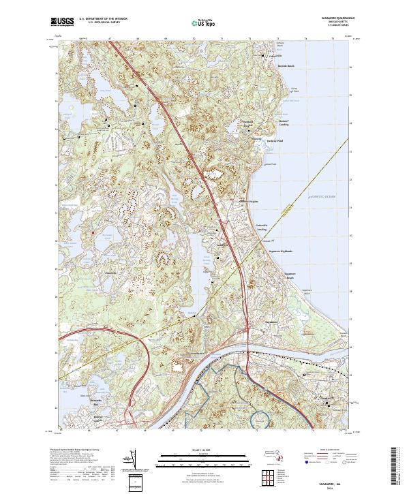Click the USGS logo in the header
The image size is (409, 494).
62,22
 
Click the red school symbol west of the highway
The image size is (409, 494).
92,233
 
